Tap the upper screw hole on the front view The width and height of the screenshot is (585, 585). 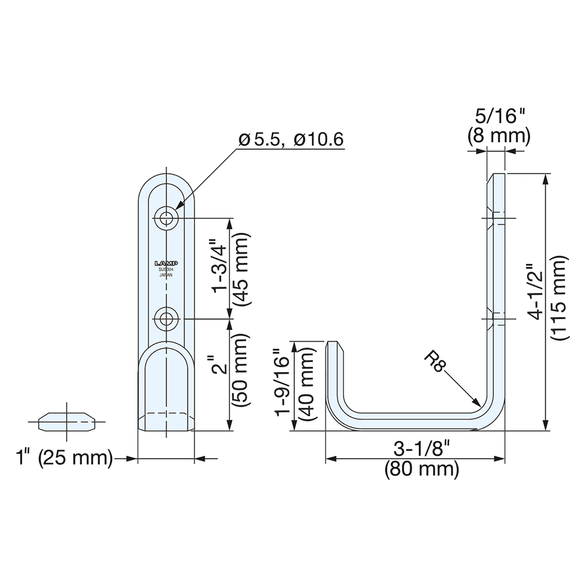167,218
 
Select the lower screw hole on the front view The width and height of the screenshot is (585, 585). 167,319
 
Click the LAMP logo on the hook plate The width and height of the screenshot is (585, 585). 166,263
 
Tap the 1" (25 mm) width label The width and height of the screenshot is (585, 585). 64,458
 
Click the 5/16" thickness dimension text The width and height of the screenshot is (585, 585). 497,116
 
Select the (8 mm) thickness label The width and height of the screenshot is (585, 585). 498,136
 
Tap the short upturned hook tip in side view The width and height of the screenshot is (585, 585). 332,348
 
